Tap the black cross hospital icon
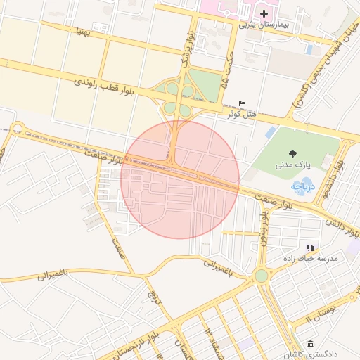coord(264,13)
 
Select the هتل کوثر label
coord(243,113)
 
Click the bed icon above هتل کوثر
coord(243,103)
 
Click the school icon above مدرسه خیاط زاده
coord(309,247)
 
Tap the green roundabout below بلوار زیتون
coord(262,276)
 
